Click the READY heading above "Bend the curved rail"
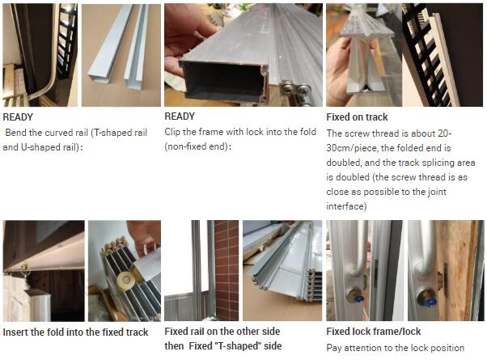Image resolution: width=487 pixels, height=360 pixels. coord(18,117)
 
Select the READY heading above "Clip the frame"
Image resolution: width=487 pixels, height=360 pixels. coord(180,116)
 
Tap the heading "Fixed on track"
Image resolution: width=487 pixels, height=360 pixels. coord(357,116)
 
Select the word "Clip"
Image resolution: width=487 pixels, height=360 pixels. coord(172,132)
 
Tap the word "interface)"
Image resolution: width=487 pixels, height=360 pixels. coord(346,206)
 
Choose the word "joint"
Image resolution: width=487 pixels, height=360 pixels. coord(437,192)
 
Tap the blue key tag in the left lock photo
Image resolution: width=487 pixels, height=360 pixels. coord(358,299)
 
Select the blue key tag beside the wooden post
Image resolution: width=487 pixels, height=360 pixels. coord(432,301)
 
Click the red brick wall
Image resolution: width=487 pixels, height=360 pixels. coord(227,270)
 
